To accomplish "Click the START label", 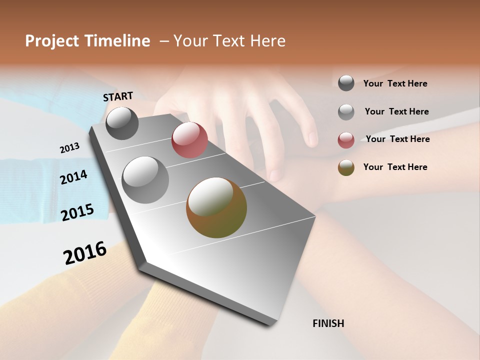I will (118, 96).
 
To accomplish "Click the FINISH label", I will (328, 323).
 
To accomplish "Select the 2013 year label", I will (69, 148).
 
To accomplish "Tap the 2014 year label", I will (73, 177).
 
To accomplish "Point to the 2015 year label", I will (77, 212).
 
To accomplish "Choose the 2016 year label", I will (85, 253).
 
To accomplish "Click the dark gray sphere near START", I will (122, 123).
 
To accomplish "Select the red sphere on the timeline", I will (189, 140).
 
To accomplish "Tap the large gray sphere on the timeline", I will (145, 180).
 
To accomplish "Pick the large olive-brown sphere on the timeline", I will (216, 207).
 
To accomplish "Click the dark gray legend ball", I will (346, 83).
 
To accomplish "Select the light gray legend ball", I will (346, 112).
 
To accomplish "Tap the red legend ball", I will (346, 140).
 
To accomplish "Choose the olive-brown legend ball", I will (346, 167).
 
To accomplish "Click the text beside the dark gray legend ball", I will (395, 84).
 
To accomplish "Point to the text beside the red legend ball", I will (397, 139).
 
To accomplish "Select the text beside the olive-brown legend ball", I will (395, 167).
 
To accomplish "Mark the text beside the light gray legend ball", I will (396, 111).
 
